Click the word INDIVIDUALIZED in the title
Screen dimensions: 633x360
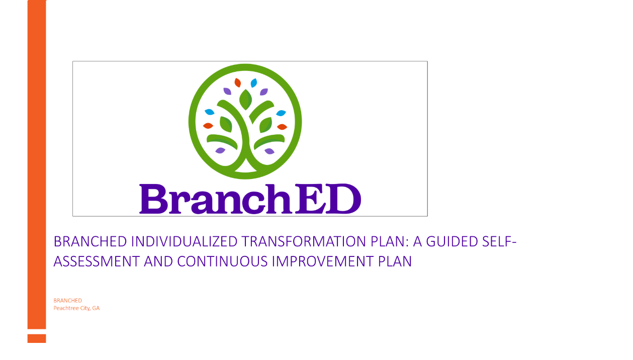click(x=184, y=242)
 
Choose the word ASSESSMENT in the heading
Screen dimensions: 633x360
click(x=97, y=261)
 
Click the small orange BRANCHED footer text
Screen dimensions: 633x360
click(x=67, y=300)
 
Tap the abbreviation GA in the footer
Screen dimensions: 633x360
click(x=96, y=308)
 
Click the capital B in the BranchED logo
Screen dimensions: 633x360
click(x=154, y=199)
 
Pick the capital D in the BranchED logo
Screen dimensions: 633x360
click(x=343, y=199)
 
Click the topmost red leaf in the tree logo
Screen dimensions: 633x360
click(x=238, y=82)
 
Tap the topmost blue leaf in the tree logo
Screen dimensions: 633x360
click(x=254, y=83)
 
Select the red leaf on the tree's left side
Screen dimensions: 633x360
click(x=208, y=126)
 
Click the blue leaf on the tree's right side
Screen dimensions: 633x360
click(x=281, y=113)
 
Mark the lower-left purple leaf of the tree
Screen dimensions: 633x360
click(x=220, y=150)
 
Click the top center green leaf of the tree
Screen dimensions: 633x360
click(x=245, y=100)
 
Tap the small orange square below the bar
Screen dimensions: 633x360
click(x=37, y=338)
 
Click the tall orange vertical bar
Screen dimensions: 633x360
click(x=37, y=164)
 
